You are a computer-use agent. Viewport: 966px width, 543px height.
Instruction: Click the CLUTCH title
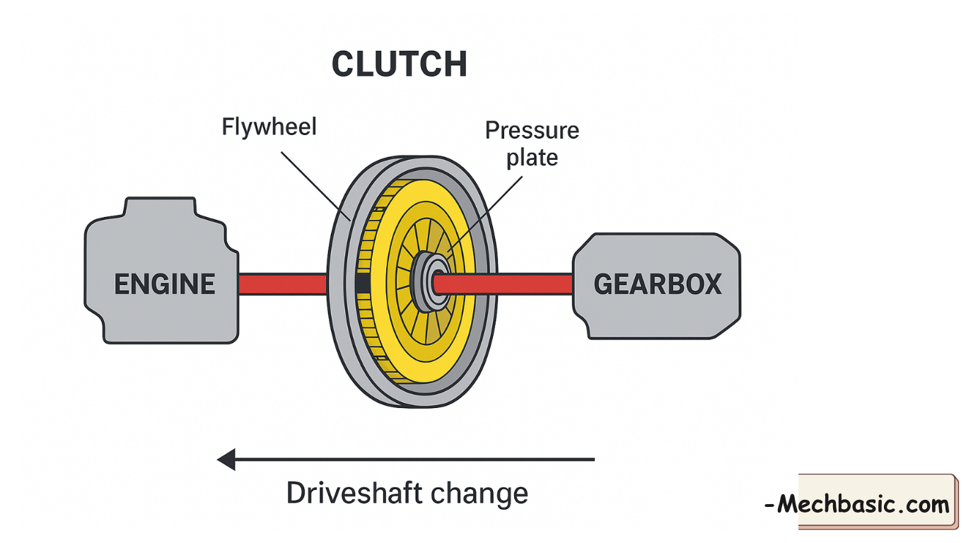(x=399, y=64)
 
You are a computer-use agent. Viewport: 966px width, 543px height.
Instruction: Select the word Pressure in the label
(x=532, y=131)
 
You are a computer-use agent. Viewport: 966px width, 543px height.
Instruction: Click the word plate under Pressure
(x=532, y=157)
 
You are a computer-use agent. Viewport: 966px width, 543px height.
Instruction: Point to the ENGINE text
(x=165, y=284)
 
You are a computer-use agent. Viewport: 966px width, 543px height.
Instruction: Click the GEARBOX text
(x=657, y=284)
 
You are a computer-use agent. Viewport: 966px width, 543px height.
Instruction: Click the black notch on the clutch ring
(x=361, y=284)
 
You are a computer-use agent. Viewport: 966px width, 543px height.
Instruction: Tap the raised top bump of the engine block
(x=158, y=207)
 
